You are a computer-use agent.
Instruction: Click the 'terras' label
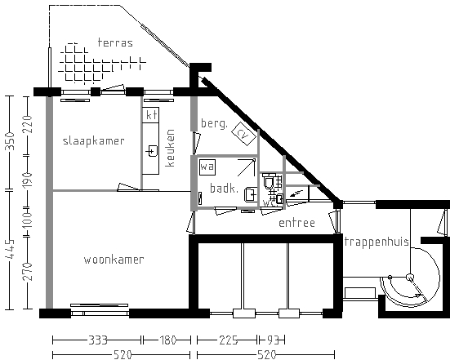[x=114, y=42]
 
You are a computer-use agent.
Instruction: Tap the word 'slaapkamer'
[x=94, y=140]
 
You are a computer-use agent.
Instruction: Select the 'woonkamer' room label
[x=114, y=260]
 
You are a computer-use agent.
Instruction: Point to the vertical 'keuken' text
[x=171, y=148]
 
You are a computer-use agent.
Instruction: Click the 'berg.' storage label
[x=213, y=123]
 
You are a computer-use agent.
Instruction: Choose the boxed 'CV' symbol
[x=242, y=132]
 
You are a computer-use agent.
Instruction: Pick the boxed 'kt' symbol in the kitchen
[x=150, y=116]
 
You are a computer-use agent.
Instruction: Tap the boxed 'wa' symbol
[x=207, y=166]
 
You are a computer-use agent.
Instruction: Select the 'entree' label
[x=296, y=222]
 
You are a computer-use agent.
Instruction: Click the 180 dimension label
[x=166, y=340]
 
